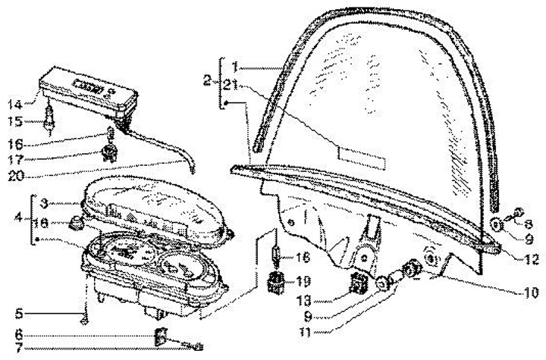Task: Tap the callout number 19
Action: (x=303, y=279)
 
